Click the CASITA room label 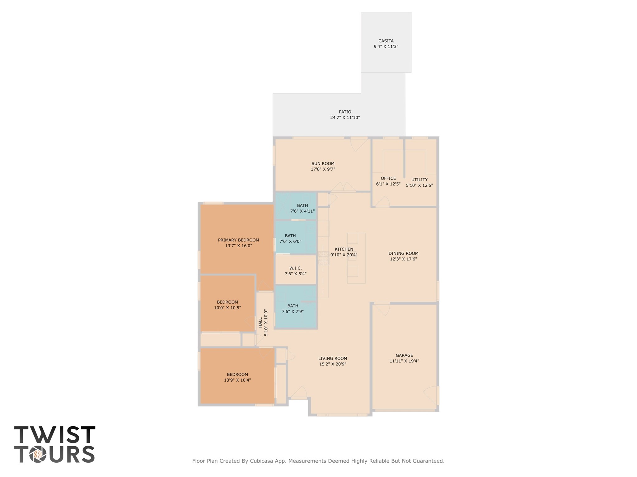pyautogui.click(x=386, y=41)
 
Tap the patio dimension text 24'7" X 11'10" pyautogui.click(x=345, y=117)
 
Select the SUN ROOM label pyautogui.click(x=323, y=163)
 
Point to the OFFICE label pyautogui.click(x=388, y=178)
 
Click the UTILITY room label pyautogui.click(x=419, y=180)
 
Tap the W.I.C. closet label pyautogui.click(x=295, y=268)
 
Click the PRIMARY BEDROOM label pyautogui.click(x=238, y=240)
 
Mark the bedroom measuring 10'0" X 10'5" pyautogui.click(x=227, y=305)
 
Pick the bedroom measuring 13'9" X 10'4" pyautogui.click(x=237, y=377)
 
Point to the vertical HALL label pyautogui.click(x=260, y=322)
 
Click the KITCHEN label pyautogui.click(x=344, y=249)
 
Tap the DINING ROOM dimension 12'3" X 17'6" pyautogui.click(x=403, y=259)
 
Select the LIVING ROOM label pyautogui.click(x=332, y=358)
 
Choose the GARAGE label pyautogui.click(x=404, y=355)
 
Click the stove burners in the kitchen pyautogui.click(x=323, y=258)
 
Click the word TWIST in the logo pyautogui.click(x=55, y=435)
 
